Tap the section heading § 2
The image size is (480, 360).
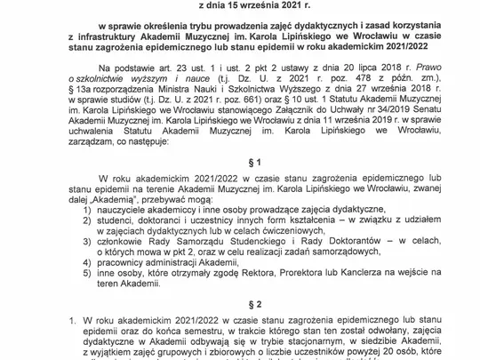point(240,302)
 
